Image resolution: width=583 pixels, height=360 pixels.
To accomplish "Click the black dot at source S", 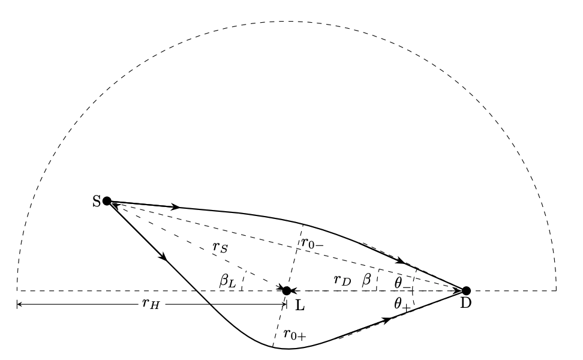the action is click(x=107, y=201).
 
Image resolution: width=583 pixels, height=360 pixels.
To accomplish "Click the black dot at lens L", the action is click(x=287, y=291).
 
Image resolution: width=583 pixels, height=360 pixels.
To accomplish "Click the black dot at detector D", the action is click(x=466, y=291).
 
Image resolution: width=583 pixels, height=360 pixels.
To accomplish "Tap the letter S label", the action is click(x=96, y=202).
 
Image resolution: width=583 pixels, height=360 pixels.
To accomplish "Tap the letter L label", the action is click(x=300, y=305).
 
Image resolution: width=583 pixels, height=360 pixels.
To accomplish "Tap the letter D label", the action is click(x=466, y=304).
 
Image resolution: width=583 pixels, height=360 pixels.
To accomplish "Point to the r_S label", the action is click(x=220, y=247).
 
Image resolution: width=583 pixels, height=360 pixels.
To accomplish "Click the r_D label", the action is click(x=342, y=279).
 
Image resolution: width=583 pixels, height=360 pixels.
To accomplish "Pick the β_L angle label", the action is click(x=226, y=280).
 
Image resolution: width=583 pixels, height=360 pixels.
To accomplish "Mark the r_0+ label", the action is click(x=294, y=334).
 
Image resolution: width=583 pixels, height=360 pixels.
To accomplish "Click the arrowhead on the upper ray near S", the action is click(x=176, y=207).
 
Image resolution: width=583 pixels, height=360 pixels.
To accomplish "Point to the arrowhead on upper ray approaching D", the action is click(x=401, y=262).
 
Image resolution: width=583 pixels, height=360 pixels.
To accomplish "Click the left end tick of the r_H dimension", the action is click(x=17, y=305).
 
